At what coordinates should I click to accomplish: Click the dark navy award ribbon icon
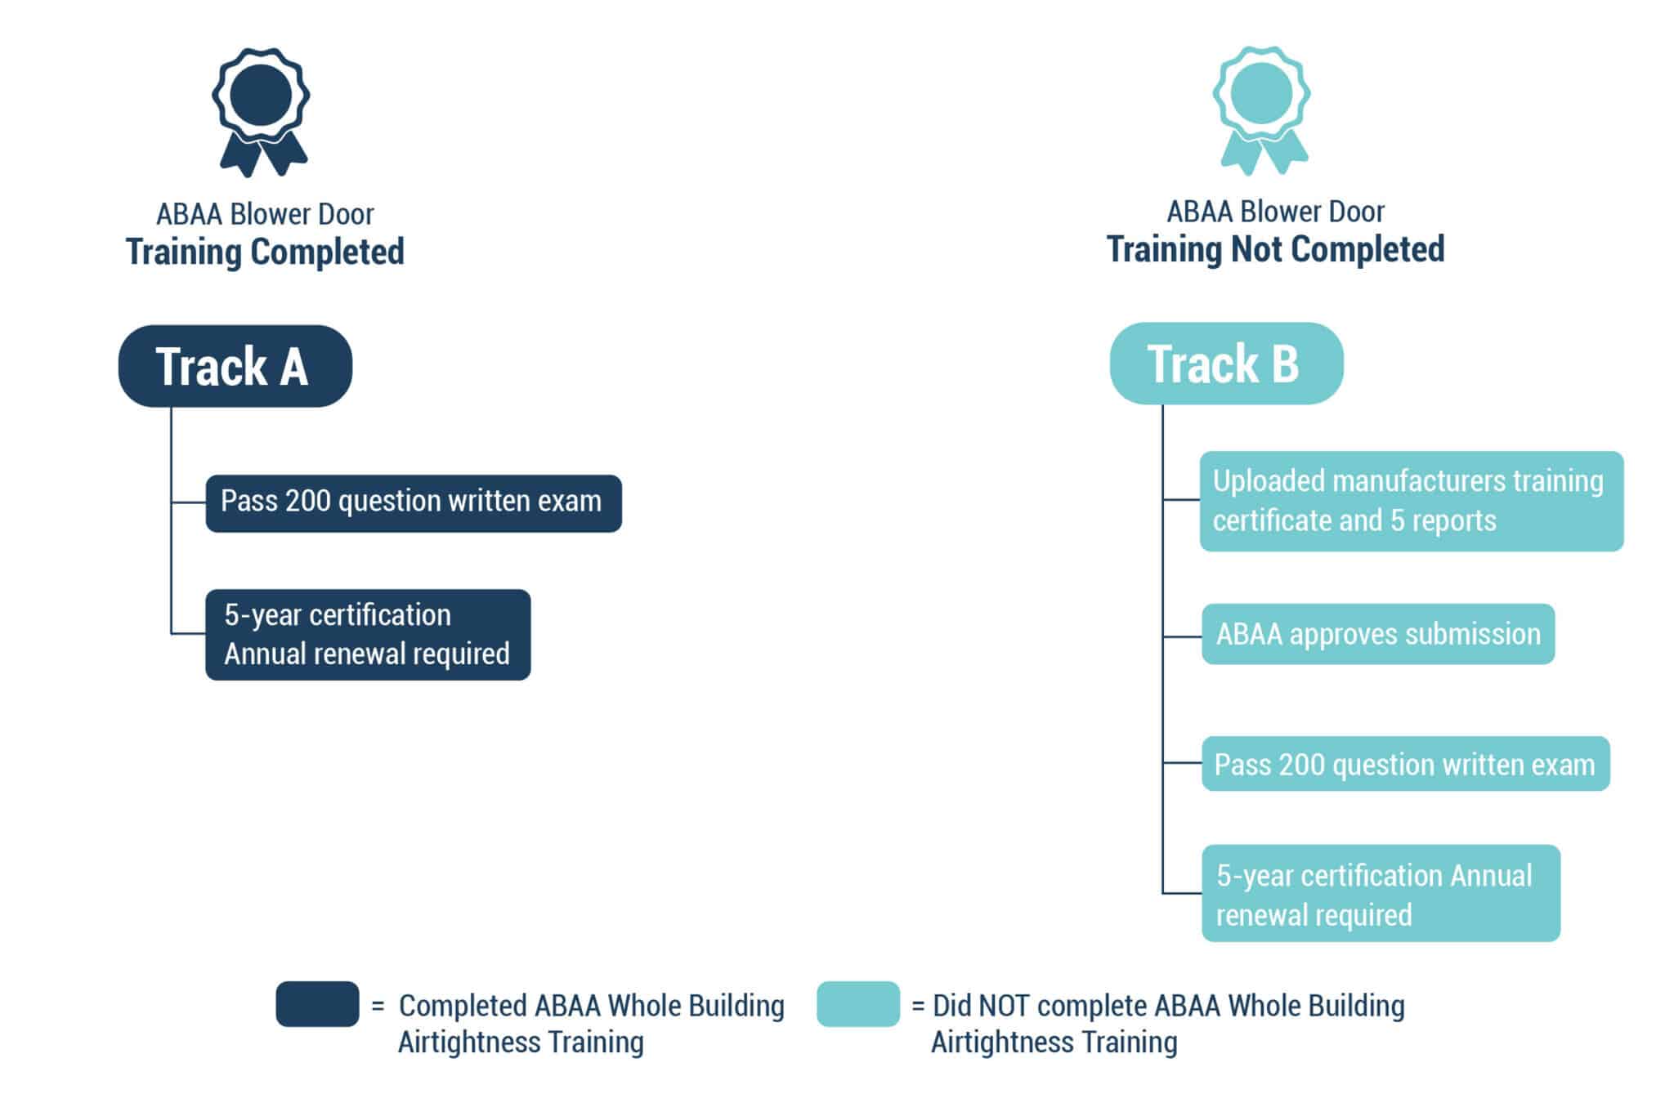tap(260, 110)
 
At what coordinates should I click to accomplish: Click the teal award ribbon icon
tap(1261, 109)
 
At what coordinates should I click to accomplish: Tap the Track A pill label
tap(235, 366)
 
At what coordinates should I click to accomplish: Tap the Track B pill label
tap(1225, 364)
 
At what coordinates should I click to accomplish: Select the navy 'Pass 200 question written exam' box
tap(413, 502)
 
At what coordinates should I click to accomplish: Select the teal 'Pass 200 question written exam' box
tap(1404, 764)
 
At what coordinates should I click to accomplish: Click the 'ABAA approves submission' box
tap(1377, 634)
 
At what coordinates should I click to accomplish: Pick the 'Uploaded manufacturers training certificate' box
tap(1410, 501)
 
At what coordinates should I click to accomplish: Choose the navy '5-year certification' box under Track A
tap(367, 634)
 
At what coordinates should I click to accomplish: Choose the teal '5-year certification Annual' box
tap(1380, 893)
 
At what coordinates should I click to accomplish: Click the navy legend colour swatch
tap(317, 1003)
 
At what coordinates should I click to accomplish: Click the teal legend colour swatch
tap(857, 1003)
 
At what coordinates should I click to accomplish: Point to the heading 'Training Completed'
tap(265, 252)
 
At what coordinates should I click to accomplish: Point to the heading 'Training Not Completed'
tap(1275, 249)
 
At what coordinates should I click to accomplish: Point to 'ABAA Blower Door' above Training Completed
tap(265, 214)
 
